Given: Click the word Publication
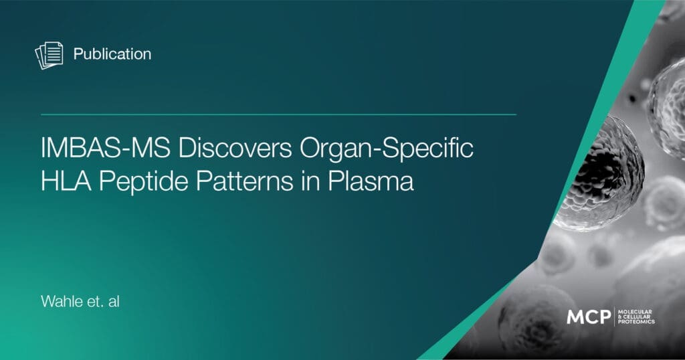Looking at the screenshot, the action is pos(112,54).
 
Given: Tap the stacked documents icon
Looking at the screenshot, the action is pos(49,56).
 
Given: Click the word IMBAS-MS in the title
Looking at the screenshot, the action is pos(105,148).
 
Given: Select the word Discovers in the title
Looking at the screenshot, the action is pos(235,148).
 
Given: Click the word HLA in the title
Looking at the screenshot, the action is pos(66,181).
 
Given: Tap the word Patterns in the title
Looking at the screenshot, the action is pos(245,181).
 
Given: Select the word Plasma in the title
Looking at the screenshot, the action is pos(371,181).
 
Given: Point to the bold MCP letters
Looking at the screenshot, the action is pos(589,317).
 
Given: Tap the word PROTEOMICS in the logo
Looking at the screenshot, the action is pos(637,322).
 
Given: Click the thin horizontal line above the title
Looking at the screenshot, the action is pos(278,115).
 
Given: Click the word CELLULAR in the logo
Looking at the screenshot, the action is pos(638,317).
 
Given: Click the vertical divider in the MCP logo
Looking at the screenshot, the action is pos(615,317).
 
